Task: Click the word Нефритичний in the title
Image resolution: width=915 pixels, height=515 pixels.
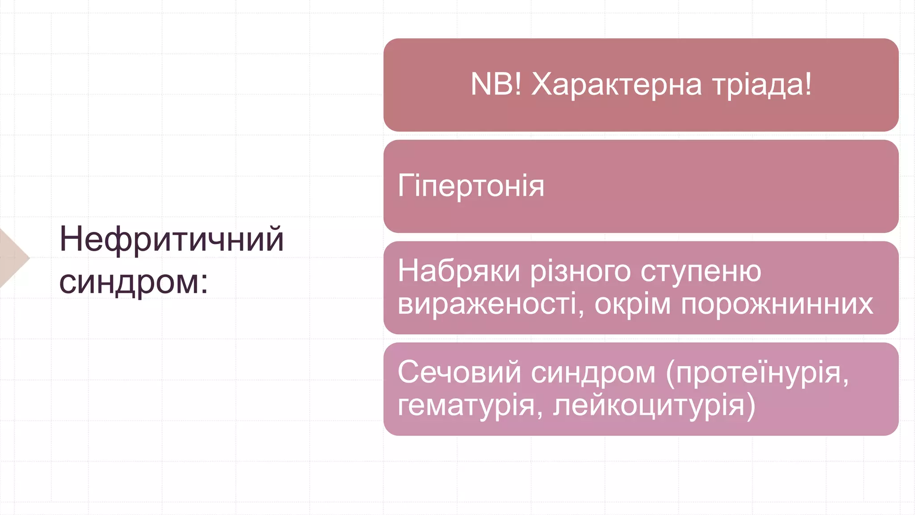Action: tap(172, 240)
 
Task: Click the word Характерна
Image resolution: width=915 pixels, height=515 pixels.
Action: tap(617, 85)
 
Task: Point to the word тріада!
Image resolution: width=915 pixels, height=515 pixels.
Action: tap(762, 85)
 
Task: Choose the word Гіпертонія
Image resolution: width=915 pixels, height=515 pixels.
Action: tap(471, 186)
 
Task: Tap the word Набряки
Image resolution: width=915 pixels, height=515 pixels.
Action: tap(459, 271)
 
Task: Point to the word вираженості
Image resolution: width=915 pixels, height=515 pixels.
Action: tap(490, 305)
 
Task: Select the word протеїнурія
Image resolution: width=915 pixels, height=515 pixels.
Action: tap(760, 373)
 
